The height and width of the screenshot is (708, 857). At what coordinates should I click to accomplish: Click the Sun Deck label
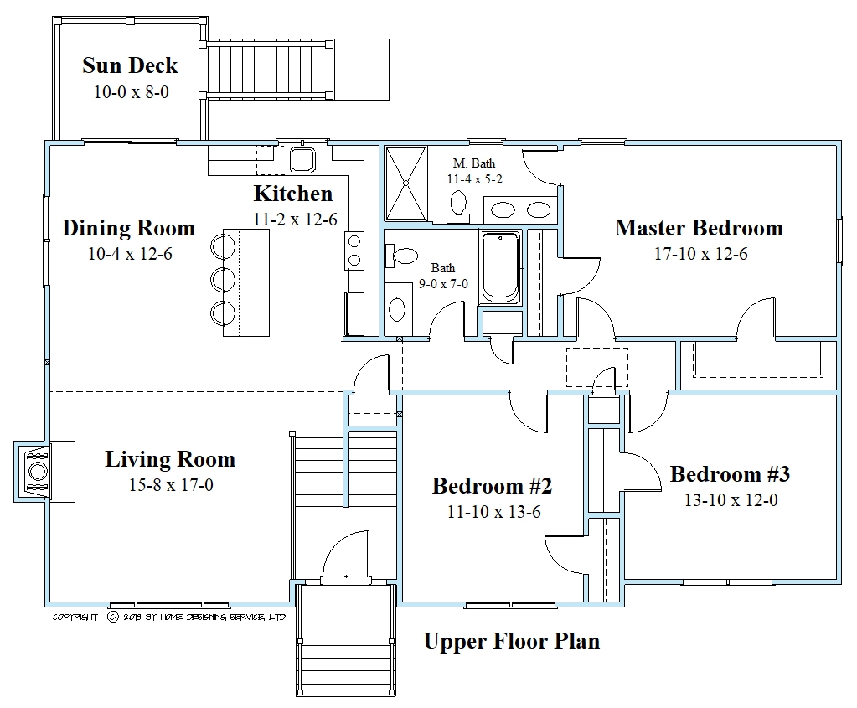click(130, 65)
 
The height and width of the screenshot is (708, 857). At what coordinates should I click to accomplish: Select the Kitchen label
click(292, 194)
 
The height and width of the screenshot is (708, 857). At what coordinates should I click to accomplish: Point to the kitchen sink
click(301, 159)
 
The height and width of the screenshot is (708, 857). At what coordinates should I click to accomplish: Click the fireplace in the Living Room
click(37, 471)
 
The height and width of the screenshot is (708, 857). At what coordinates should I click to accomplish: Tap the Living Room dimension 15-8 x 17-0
click(170, 484)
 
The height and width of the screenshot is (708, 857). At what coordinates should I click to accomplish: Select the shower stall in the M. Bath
click(405, 182)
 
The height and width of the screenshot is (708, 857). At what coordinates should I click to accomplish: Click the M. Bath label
click(471, 163)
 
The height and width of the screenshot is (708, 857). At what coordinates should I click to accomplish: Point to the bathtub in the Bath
click(500, 268)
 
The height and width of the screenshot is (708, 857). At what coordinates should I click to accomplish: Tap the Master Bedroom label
click(699, 228)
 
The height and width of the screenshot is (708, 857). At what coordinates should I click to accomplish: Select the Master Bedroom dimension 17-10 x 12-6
click(700, 254)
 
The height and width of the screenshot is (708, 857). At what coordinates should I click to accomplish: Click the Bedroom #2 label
click(491, 486)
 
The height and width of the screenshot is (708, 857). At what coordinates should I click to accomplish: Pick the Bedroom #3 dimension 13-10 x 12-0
click(729, 500)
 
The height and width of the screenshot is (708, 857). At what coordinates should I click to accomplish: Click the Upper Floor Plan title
click(511, 642)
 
